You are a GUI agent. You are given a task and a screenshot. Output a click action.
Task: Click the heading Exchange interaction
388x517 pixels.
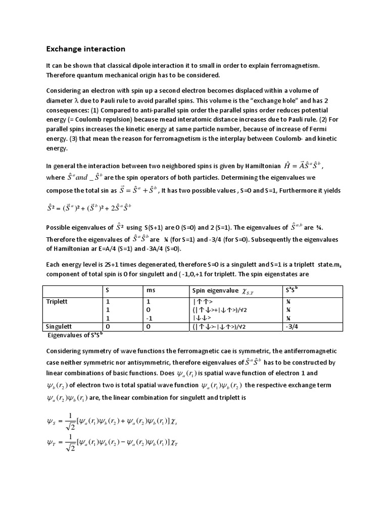[85, 49]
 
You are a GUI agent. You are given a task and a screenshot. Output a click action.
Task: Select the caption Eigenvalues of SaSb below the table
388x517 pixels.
[77, 335]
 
